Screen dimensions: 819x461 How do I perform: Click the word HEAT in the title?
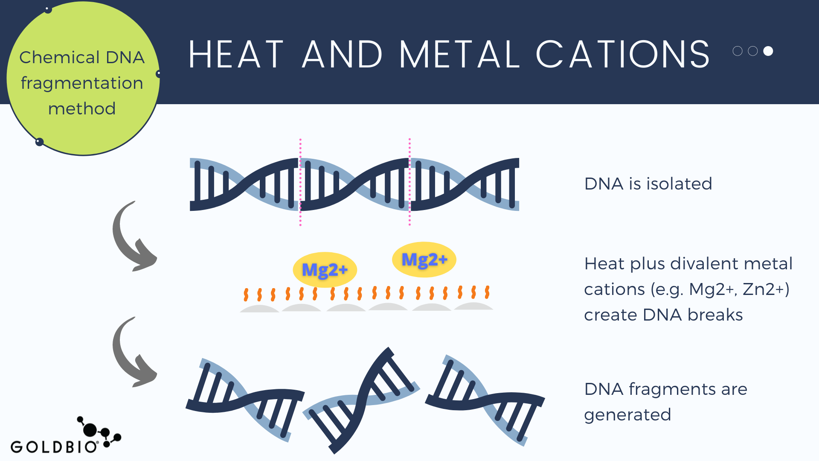click(x=236, y=54)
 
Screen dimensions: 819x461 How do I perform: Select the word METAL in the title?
click(x=459, y=54)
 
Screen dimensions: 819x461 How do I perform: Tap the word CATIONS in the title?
click(x=623, y=54)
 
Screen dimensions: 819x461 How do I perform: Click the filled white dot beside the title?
click(x=768, y=51)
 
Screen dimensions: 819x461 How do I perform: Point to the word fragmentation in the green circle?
click(x=82, y=83)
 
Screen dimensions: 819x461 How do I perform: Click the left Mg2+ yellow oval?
click(x=325, y=270)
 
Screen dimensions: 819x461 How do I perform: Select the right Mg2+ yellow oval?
click(x=424, y=260)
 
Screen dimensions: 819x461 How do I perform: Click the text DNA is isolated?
click(x=648, y=184)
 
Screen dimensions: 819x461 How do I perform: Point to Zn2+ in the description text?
click(x=766, y=289)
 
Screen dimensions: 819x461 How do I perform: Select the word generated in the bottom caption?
click(x=627, y=415)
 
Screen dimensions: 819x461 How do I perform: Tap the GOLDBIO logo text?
click(x=54, y=447)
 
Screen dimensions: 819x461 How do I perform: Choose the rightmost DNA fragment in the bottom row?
click(x=485, y=400)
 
